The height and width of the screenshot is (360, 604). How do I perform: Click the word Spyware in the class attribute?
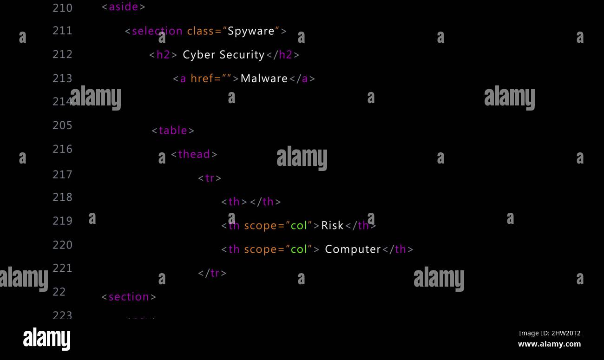pos(251,31)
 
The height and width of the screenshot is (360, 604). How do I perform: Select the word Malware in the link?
pos(264,79)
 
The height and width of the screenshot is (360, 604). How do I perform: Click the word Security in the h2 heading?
pos(243,55)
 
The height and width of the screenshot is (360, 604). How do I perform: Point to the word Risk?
pos(332,225)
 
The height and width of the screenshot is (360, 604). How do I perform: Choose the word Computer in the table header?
pos(353,249)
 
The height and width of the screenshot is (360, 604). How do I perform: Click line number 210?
pos(62,8)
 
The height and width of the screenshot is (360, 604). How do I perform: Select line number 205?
pos(62,125)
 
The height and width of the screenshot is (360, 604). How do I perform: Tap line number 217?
pos(62,175)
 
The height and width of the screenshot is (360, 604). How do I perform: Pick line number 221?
pos(62,268)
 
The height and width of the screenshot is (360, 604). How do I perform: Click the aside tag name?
pos(124,7)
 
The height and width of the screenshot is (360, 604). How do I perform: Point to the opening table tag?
pos(173,131)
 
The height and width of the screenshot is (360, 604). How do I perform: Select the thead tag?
pos(194,154)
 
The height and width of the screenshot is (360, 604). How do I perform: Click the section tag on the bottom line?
pos(129,297)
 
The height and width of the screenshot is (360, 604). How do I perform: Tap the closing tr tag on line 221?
pos(212,273)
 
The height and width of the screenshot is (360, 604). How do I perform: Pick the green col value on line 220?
pos(299,249)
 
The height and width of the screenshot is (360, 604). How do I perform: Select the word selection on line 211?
pos(157,31)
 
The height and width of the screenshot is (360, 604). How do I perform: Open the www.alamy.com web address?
pos(549,344)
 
